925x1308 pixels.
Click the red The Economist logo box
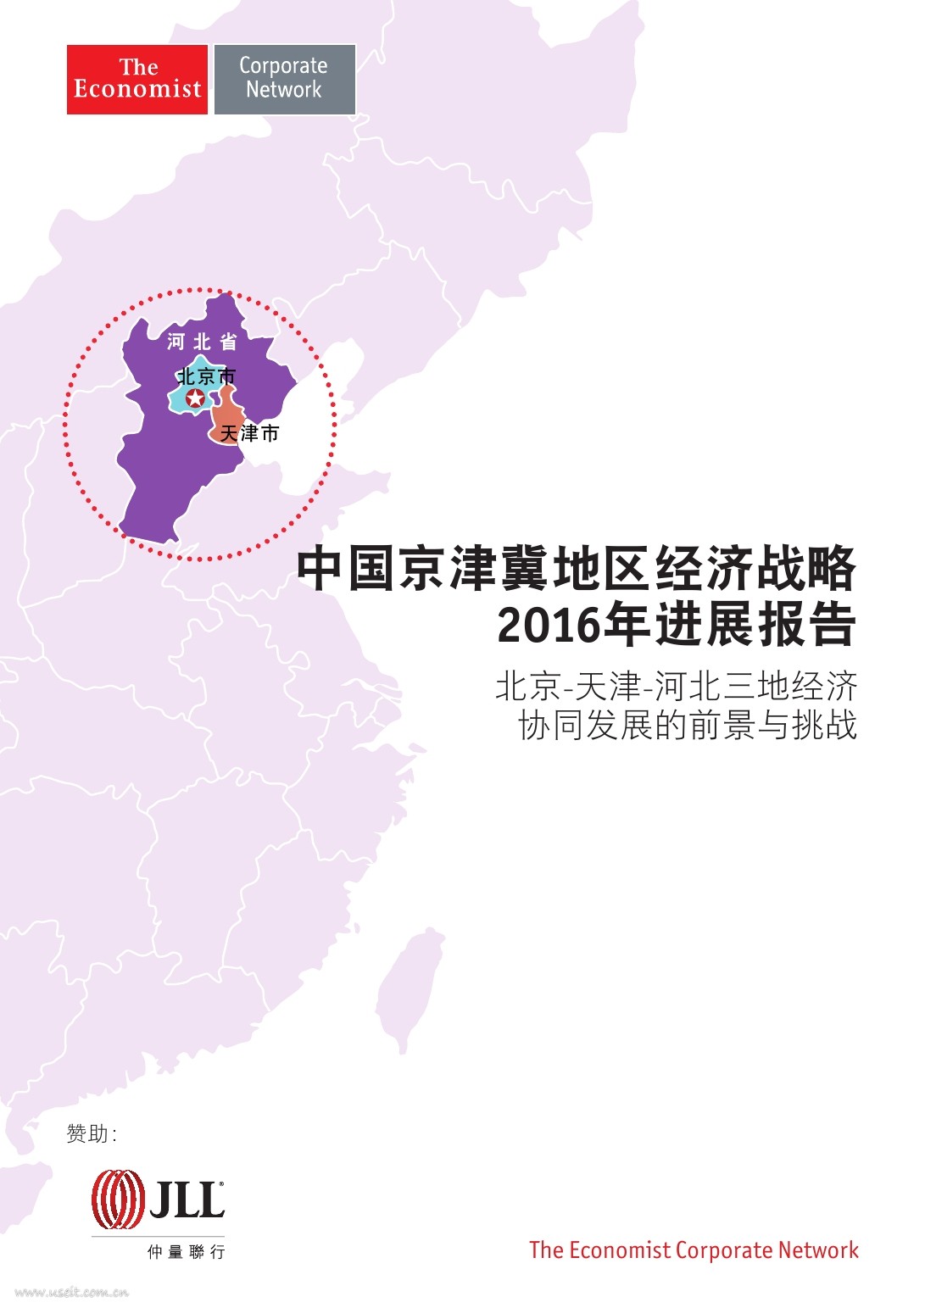137,79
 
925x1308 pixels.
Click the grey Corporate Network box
284,79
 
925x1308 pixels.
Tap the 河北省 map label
202,342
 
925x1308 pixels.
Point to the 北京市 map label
206,376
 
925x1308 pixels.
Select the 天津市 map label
249,434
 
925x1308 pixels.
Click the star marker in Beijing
195,398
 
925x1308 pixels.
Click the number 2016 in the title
548,626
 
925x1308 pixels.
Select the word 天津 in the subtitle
607,687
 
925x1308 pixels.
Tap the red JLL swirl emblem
118,1199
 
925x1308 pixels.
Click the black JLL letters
187,1199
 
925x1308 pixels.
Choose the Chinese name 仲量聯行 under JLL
186,1251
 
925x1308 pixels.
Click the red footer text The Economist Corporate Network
694,1250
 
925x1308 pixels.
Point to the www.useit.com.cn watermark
72,1292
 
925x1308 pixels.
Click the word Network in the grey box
284,90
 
